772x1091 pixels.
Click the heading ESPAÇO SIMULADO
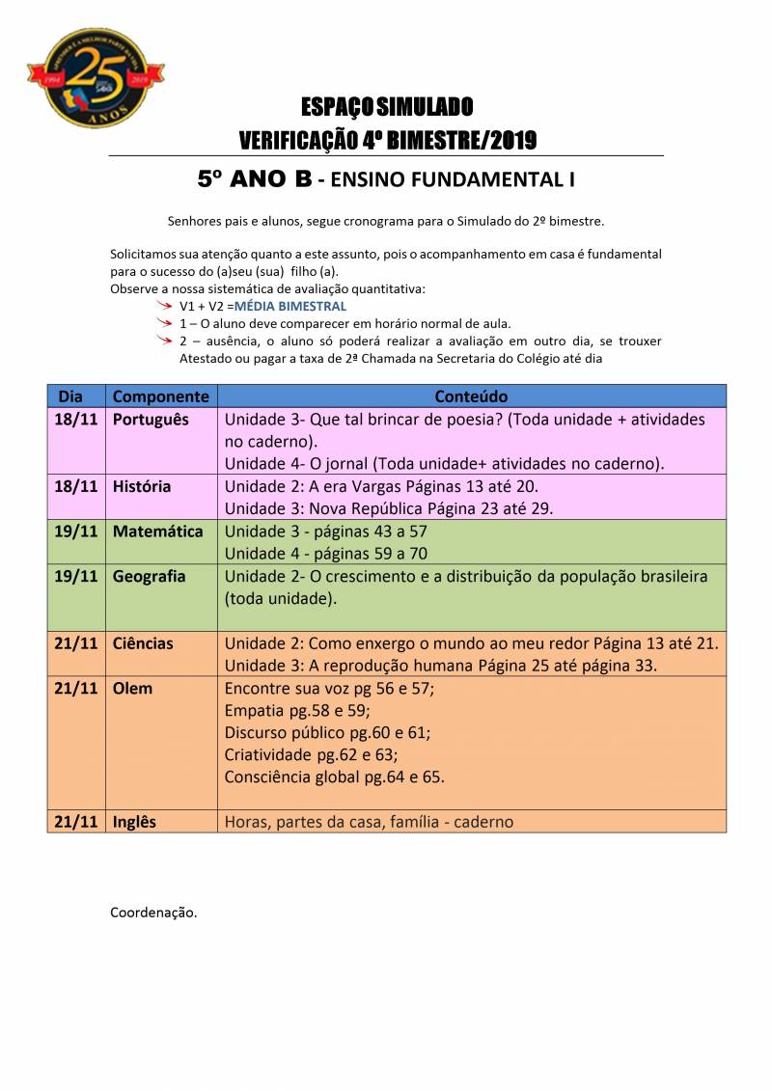(387, 106)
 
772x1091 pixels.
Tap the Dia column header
(70, 396)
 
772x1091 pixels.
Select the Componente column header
(160, 396)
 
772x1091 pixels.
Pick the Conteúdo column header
(471, 396)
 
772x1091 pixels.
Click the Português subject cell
(151, 421)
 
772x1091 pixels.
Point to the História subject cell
(142, 487)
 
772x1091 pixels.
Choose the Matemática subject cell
(158, 532)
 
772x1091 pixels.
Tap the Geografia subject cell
(150, 577)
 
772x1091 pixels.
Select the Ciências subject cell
(143, 643)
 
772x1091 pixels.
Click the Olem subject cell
(132, 689)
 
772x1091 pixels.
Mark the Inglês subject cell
(134, 822)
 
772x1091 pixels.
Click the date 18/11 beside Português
(77, 421)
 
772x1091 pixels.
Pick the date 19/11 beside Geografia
(77, 577)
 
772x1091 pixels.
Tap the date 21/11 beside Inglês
(77, 822)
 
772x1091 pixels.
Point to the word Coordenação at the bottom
(153, 912)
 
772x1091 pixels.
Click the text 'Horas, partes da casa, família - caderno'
(369, 822)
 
